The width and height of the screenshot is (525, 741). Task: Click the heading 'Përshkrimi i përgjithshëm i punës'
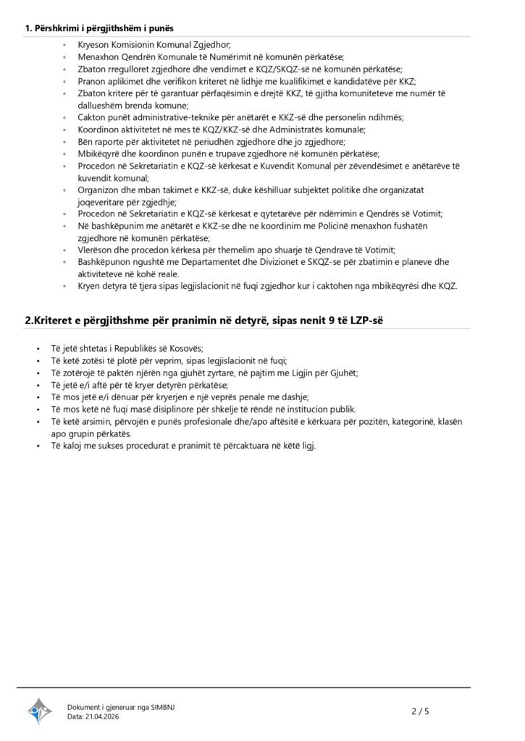[104, 28]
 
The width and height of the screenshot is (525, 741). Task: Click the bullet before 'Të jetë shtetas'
[38, 348]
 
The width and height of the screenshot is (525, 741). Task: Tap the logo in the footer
[40, 711]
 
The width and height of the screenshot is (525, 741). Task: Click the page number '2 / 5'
[420, 711]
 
